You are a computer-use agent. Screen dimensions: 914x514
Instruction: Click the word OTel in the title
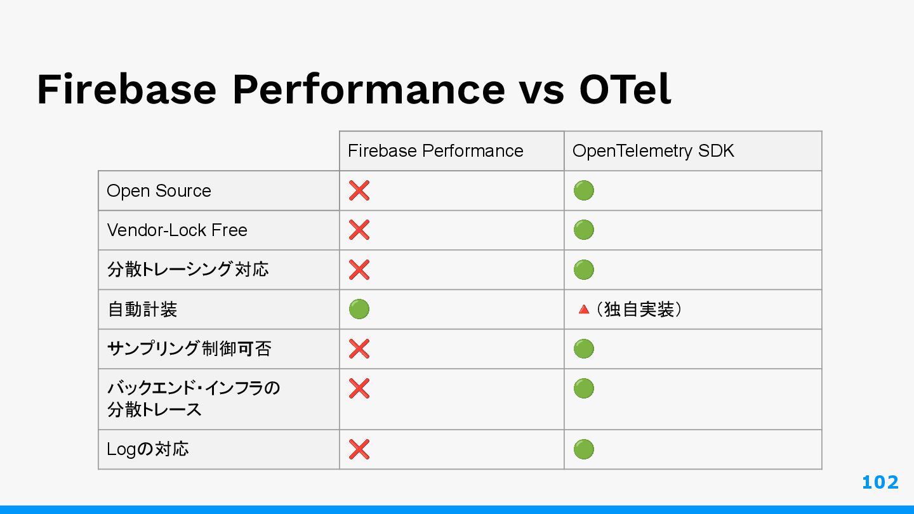625,89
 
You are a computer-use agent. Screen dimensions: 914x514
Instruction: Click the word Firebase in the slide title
126,89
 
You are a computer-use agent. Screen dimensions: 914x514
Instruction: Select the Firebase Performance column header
435,151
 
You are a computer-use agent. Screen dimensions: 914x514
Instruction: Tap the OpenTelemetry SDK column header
653,151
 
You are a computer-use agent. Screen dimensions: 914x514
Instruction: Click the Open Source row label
159,191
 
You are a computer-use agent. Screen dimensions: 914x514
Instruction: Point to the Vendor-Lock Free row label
177,230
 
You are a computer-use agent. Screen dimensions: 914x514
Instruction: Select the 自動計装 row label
142,309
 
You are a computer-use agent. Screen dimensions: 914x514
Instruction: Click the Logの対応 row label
148,449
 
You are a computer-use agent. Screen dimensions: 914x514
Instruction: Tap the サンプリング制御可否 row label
189,349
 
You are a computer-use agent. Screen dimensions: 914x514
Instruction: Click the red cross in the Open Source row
359,190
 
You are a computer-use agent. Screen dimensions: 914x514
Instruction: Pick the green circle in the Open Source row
583,190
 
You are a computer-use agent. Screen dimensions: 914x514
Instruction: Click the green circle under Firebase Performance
359,309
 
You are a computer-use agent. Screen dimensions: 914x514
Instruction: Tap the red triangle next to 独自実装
584,310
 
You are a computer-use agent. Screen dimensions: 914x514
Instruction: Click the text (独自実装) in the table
639,309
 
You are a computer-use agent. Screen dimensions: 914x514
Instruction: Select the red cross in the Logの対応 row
359,449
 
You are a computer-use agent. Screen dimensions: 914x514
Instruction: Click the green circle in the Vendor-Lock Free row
583,230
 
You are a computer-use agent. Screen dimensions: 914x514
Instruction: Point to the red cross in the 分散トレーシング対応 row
359,270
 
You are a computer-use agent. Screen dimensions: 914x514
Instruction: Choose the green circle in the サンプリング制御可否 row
583,349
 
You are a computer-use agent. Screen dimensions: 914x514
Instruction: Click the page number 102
880,482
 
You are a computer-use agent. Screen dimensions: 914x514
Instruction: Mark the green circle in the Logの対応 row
583,449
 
